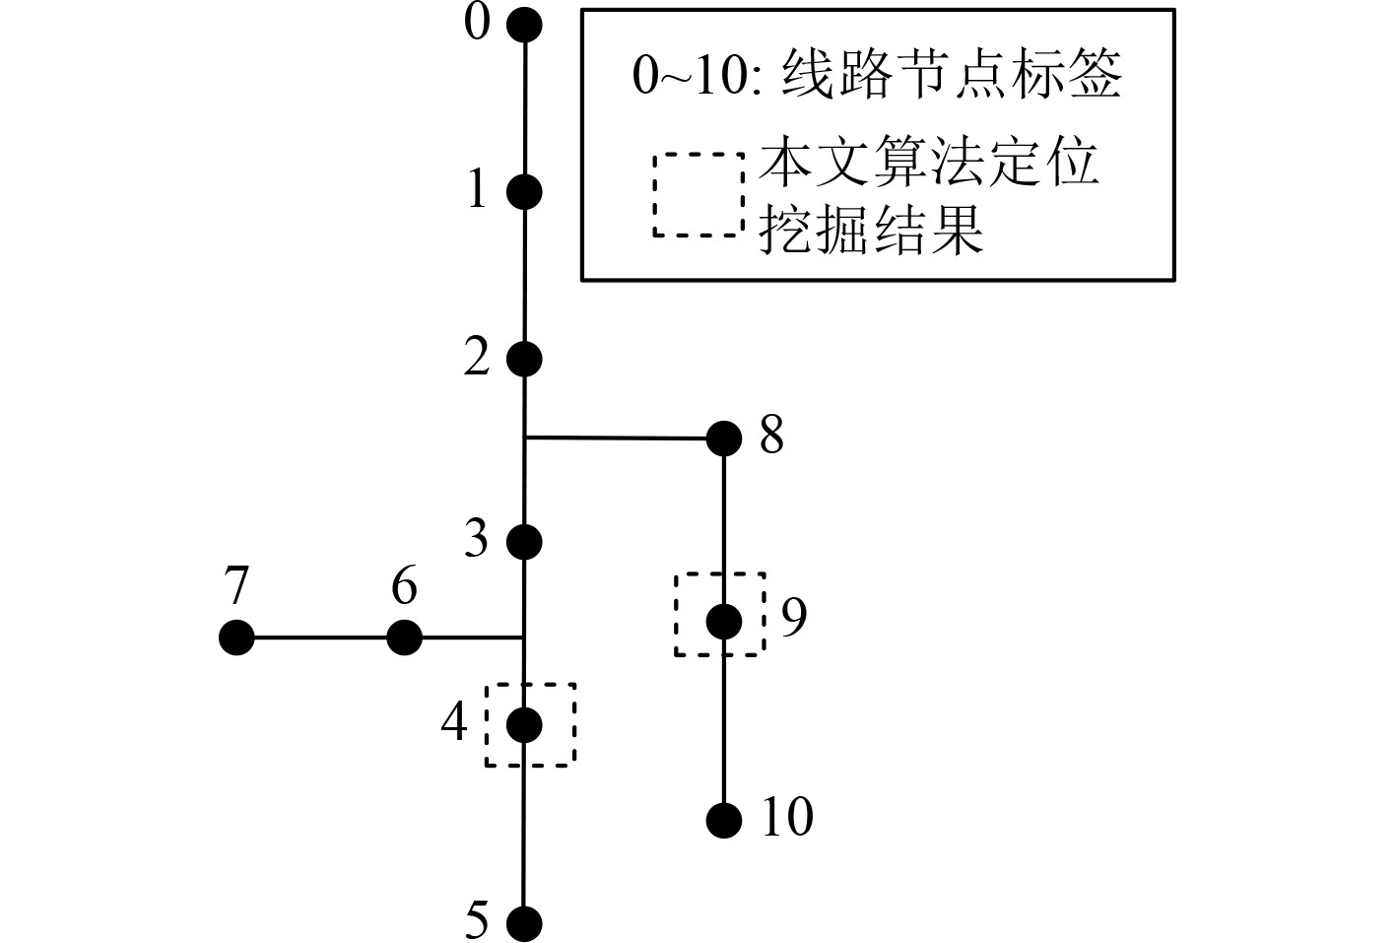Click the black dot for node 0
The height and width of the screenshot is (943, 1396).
pyautogui.click(x=524, y=26)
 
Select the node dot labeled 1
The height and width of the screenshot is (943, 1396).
pyautogui.click(x=524, y=191)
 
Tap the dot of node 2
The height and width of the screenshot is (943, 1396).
pyautogui.click(x=524, y=359)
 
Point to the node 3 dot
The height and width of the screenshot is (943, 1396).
pyautogui.click(x=524, y=541)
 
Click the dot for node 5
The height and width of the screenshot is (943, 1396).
pyautogui.click(x=524, y=923)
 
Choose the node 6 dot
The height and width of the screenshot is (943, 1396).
pyautogui.click(x=404, y=638)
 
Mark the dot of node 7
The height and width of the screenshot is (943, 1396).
pyautogui.click(x=236, y=638)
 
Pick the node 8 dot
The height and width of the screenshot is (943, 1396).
pyautogui.click(x=724, y=438)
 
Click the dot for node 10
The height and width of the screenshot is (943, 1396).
pyautogui.click(x=724, y=819)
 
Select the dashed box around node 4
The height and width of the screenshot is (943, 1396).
pyautogui.click(x=531, y=685)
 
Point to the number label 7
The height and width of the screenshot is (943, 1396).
pyautogui.click(x=236, y=588)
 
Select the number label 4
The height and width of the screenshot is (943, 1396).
pyautogui.click(x=454, y=723)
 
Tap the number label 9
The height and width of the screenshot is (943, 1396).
pyautogui.click(x=793, y=617)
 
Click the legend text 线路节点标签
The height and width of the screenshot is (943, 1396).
pyautogui.click(x=951, y=75)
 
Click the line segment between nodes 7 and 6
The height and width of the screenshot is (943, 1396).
pyautogui.click(x=320, y=638)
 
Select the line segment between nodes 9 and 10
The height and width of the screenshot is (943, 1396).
pyautogui.click(x=724, y=729)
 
